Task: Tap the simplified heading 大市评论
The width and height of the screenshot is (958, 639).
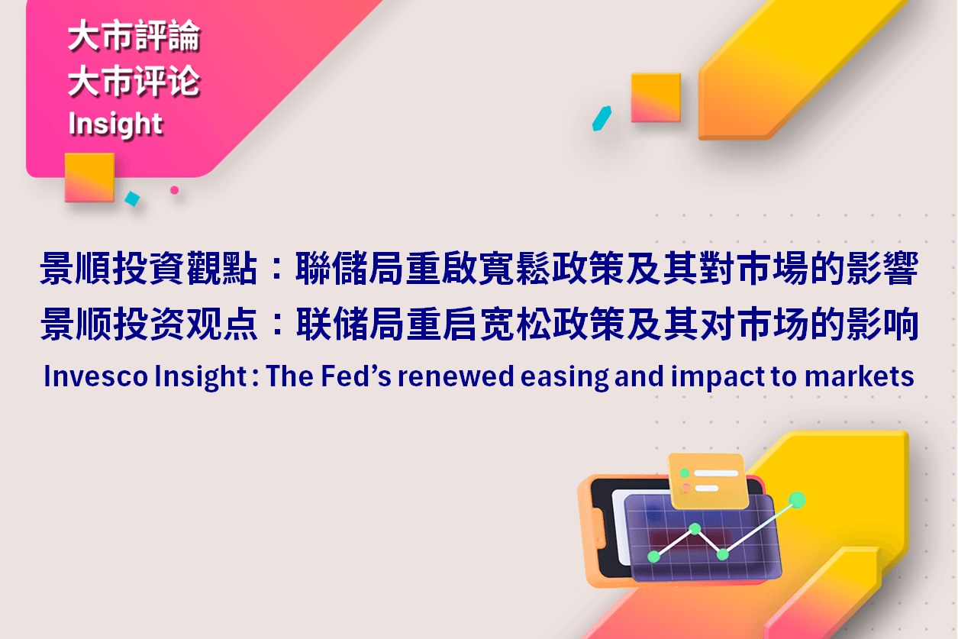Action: click(134, 82)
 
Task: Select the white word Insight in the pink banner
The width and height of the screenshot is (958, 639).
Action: click(115, 124)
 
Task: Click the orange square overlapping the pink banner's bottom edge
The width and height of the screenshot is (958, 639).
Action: click(89, 177)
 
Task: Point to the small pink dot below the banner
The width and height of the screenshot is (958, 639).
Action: click(174, 190)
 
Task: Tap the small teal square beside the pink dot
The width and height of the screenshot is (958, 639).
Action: click(132, 198)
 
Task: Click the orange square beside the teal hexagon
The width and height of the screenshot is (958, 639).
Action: click(656, 98)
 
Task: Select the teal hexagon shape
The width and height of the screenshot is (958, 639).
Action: click(602, 118)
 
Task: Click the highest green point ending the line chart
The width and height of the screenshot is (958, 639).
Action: click(797, 500)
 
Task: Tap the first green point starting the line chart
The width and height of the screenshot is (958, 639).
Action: click(653, 557)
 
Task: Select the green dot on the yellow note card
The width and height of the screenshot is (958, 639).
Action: click(685, 473)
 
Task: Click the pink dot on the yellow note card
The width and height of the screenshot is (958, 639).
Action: click(685, 488)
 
